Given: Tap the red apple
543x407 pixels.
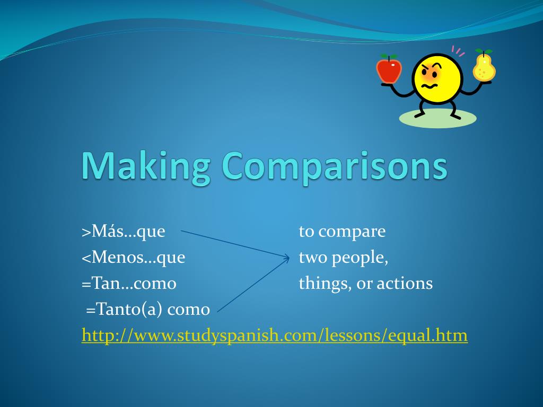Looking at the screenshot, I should (389, 69).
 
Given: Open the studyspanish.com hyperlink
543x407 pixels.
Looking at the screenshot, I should (275, 335).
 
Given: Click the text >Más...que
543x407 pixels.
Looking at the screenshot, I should (124, 232).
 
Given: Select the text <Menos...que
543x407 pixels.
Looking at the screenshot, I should (133, 258).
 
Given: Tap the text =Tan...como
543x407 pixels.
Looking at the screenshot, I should (129, 284).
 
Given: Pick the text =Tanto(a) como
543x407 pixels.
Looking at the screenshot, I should (148, 309).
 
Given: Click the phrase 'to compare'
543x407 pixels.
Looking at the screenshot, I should (342, 232).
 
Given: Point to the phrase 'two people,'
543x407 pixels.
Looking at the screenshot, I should (344, 258).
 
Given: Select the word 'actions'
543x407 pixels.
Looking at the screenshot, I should (405, 284).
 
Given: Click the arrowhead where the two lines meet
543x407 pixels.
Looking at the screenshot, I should (287, 258).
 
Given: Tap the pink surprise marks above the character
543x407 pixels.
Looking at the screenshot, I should (458, 51).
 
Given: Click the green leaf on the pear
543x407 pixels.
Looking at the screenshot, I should (487, 51).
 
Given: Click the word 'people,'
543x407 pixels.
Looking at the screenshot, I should (358, 258).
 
